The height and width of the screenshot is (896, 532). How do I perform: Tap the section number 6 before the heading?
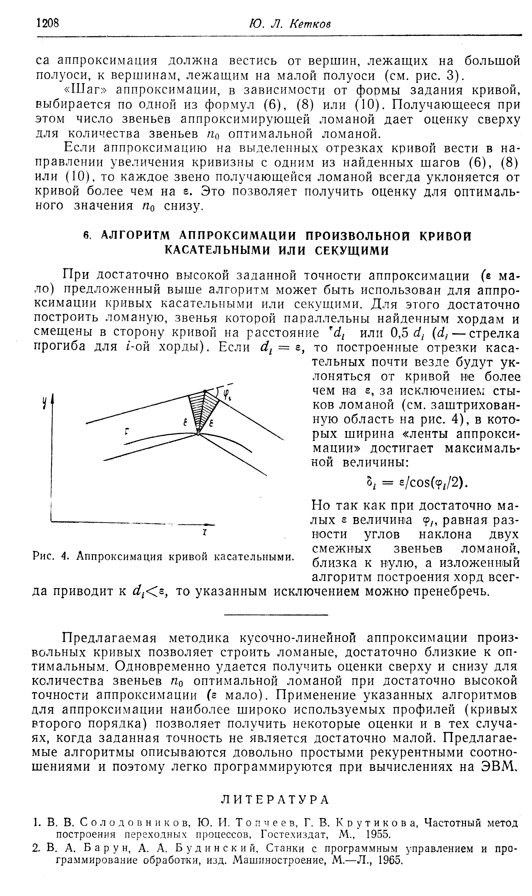[86, 236]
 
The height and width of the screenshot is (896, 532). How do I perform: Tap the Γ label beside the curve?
[127, 432]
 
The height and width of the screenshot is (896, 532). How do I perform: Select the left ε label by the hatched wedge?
[185, 424]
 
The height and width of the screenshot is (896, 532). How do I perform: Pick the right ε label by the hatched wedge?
[212, 424]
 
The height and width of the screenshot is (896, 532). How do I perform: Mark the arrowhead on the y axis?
[53, 398]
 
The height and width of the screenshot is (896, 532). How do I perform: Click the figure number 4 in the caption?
[64, 557]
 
